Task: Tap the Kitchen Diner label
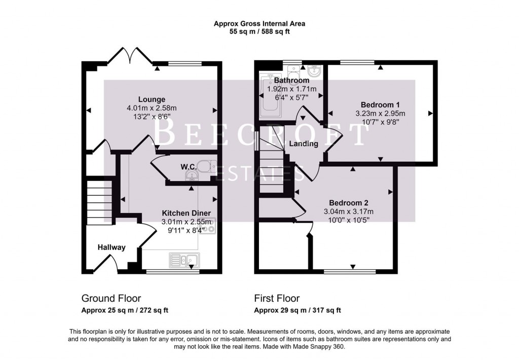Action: [x=186, y=213]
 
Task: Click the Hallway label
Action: [x=112, y=247]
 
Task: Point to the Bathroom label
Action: [x=291, y=81]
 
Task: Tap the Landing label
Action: [x=304, y=143]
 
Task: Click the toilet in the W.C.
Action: [x=207, y=166]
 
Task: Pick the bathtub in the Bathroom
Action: [x=266, y=96]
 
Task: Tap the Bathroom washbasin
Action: [x=314, y=70]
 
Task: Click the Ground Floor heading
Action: [x=111, y=299]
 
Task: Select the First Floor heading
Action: [x=277, y=299]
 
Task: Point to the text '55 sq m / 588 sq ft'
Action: [x=259, y=31]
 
